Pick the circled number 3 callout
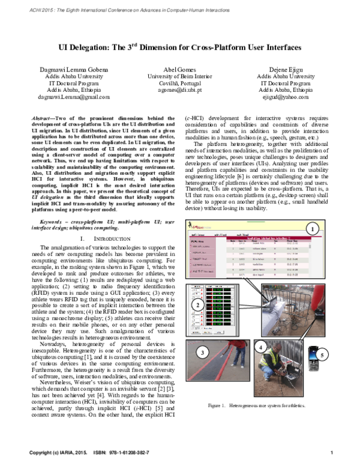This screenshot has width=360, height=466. (x=202, y=352)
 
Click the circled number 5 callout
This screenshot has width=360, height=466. (x=322, y=355)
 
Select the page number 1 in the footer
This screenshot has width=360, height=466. (x=332, y=451)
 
